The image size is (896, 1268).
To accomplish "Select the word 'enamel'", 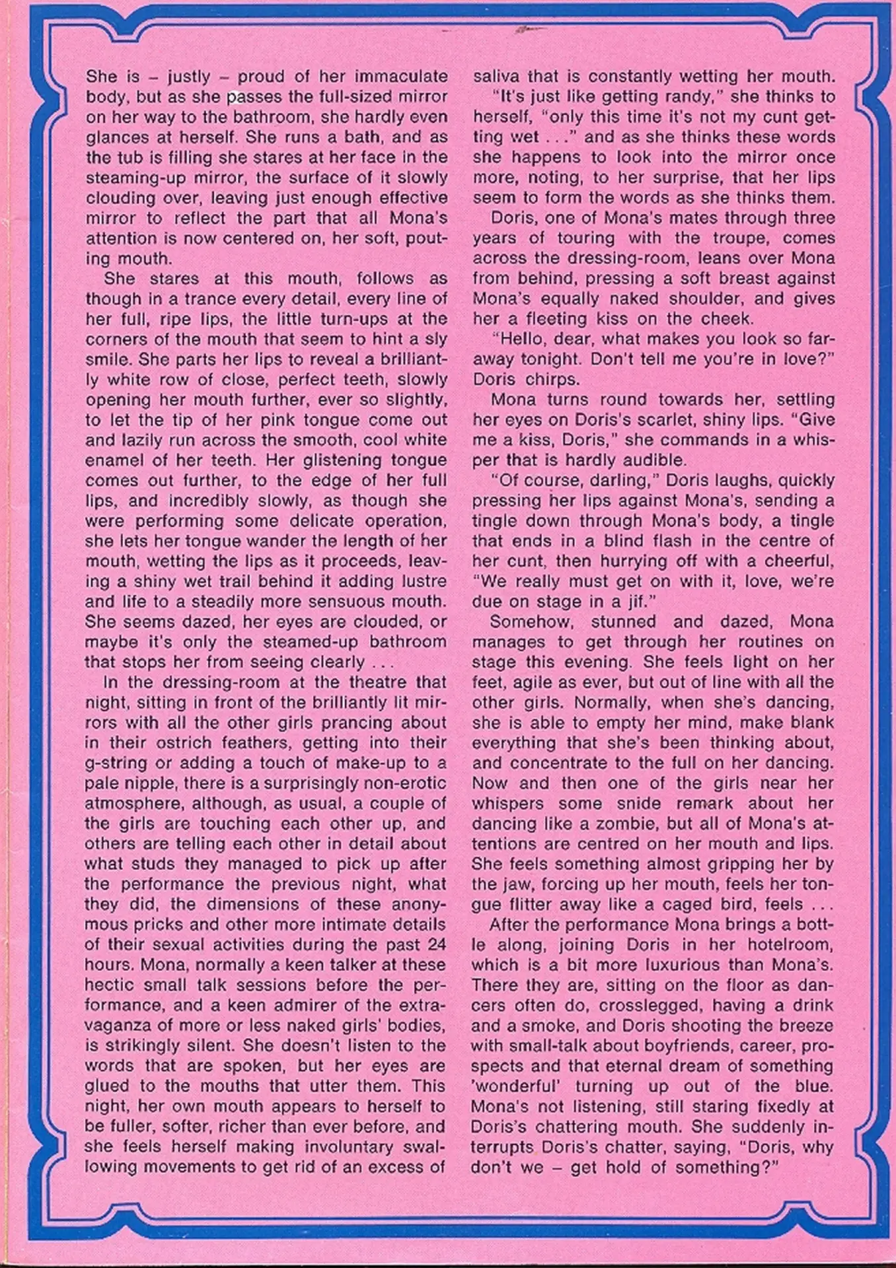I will (113, 460).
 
